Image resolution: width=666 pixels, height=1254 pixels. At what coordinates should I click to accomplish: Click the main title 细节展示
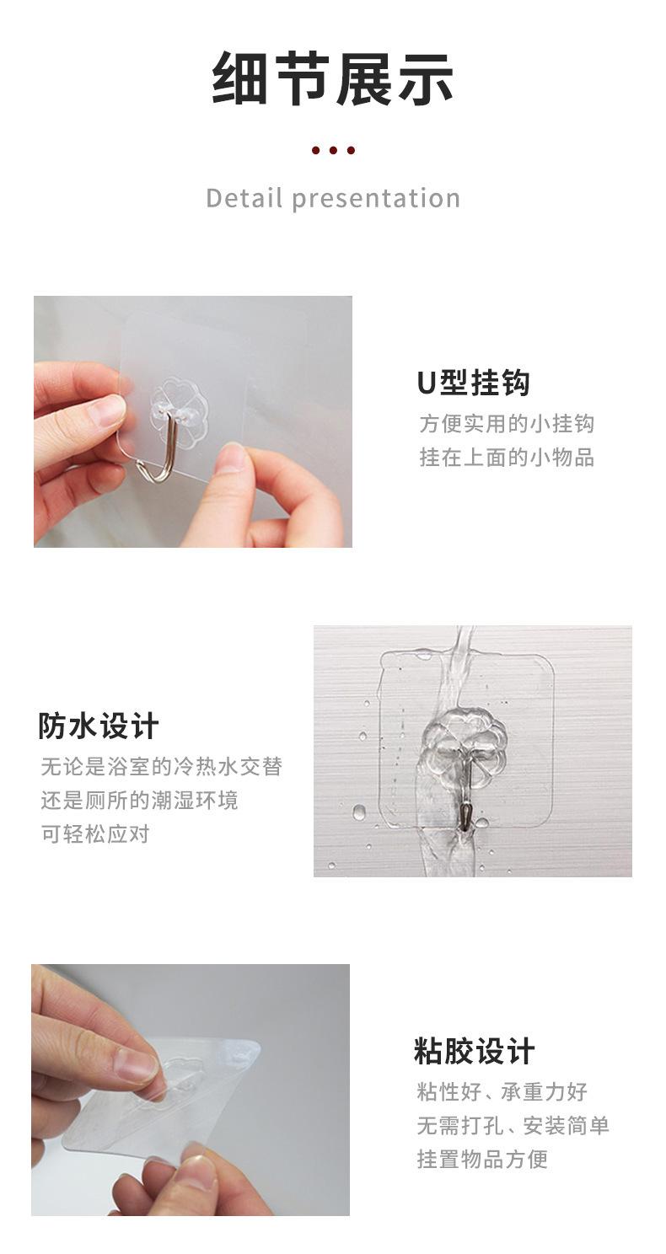click(x=333, y=79)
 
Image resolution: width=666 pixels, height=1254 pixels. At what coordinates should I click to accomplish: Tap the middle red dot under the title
click(x=333, y=151)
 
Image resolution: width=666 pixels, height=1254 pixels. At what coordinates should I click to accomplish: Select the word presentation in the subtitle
click(x=376, y=199)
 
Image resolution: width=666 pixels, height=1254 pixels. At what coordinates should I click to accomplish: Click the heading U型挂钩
click(x=473, y=383)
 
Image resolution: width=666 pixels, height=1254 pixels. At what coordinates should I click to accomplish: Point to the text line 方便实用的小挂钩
click(x=507, y=423)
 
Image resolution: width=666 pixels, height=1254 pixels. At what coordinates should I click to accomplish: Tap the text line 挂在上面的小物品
click(x=507, y=457)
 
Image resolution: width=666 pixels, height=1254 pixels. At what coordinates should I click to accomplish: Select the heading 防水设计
click(x=99, y=726)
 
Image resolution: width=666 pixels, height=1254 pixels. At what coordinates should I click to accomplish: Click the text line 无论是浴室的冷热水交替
click(x=162, y=767)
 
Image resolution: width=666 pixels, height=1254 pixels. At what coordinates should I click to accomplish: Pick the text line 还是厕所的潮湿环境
click(x=140, y=800)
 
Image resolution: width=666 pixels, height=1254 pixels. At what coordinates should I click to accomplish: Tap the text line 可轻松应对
click(x=95, y=833)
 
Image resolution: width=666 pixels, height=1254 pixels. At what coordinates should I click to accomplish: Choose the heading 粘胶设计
click(x=474, y=1052)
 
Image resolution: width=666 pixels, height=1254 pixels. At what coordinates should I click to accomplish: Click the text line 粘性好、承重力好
click(x=502, y=1092)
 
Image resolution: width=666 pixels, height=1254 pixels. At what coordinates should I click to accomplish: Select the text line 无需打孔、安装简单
click(x=513, y=1126)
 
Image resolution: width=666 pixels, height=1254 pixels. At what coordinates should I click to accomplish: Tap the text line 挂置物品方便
click(x=482, y=1159)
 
